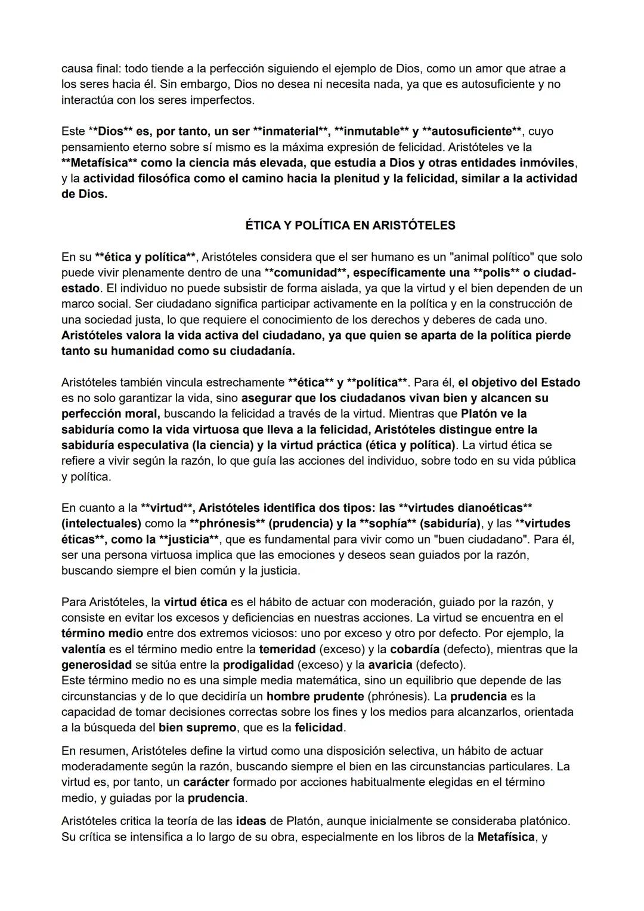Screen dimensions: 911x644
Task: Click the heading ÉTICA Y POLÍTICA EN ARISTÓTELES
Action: (x=350, y=226)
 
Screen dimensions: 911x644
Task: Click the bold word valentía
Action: (x=83, y=649)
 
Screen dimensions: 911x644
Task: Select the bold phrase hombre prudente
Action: (x=315, y=696)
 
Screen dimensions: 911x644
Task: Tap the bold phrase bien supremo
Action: (x=197, y=728)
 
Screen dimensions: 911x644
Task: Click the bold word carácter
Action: (x=206, y=782)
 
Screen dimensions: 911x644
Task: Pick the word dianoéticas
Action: (x=490, y=508)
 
